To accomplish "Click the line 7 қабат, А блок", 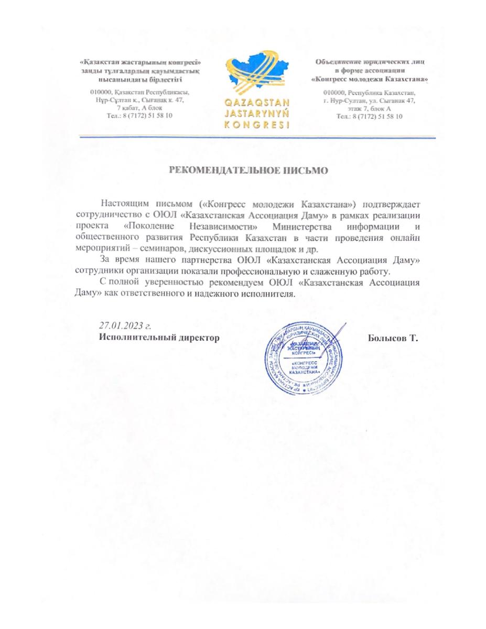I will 139,107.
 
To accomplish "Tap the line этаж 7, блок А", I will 370,108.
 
